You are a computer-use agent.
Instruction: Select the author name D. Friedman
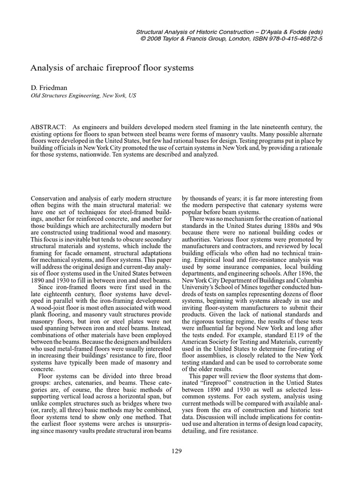click(x=49, y=88)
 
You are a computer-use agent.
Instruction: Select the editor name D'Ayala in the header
click(x=264, y=31)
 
